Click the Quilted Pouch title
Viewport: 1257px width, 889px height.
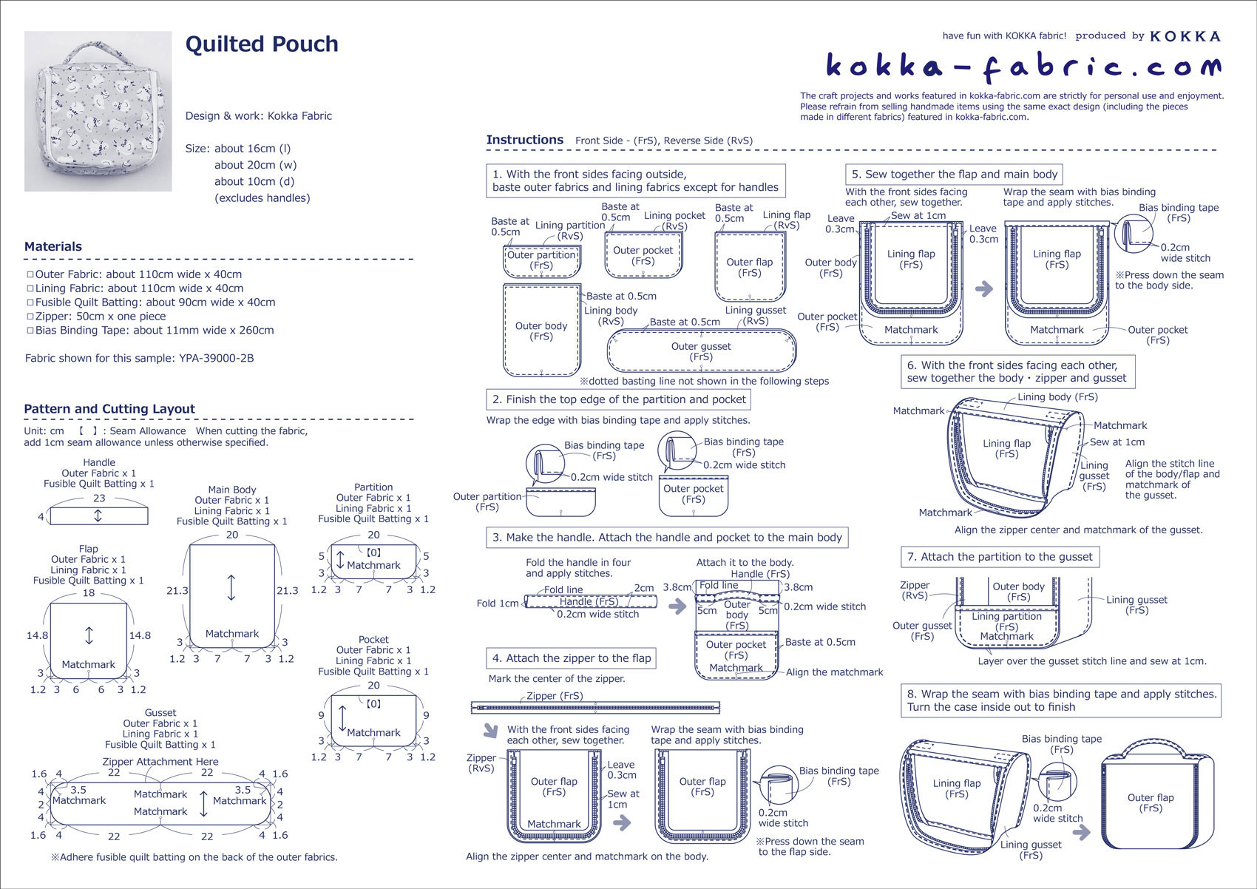(262, 44)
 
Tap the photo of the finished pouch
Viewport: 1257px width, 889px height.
(98, 111)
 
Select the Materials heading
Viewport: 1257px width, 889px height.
(53, 247)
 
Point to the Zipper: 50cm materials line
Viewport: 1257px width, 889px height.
(101, 317)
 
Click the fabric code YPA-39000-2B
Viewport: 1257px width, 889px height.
(216, 359)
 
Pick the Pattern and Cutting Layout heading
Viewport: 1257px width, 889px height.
(109, 409)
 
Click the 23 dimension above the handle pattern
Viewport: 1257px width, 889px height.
(99, 498)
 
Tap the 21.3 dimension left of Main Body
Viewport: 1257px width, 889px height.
(177, 591)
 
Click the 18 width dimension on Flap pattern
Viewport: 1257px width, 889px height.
(89, 593)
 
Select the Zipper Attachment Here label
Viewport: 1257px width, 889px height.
(160, 762)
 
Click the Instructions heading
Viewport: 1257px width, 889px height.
(525, 140)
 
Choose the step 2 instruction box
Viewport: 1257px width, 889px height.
(619, 399)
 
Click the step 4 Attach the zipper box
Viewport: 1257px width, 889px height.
(572, 658)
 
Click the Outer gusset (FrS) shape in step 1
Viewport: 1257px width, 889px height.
(701, 351)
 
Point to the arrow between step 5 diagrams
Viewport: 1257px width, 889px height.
(984, 288)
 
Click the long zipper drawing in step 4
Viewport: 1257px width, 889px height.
(595, 708)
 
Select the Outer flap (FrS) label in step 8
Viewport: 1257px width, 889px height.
(1151, 802)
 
